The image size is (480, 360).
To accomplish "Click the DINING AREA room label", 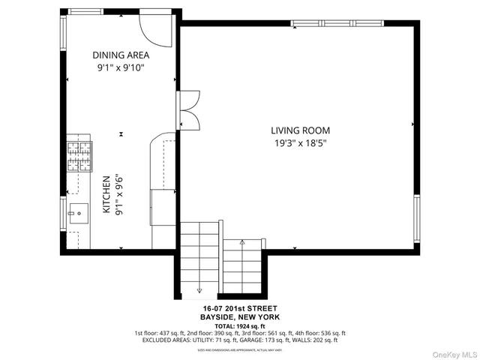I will (121, 55).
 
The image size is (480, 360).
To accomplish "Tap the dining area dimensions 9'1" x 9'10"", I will (121, 67).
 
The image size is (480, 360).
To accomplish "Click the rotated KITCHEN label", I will (106, 196).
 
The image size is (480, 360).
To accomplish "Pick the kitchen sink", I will (78, 213).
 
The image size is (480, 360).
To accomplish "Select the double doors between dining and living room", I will (188, 109).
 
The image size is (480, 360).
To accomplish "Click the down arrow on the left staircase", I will (199, 290).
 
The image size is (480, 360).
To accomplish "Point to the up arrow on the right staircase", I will (242, 243).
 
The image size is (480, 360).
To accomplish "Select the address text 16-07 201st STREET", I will (240, 308).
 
